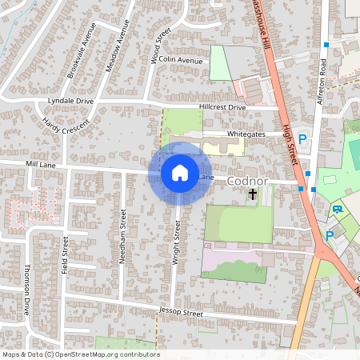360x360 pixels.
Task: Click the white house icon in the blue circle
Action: coord(180,172)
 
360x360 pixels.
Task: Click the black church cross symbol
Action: coord(253,194)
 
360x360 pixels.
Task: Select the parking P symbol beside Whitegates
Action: coord(302,138)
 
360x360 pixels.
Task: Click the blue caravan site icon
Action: coord(338,210)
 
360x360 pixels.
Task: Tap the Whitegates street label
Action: coord(245,135)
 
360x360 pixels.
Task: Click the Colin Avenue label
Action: coord(181,60)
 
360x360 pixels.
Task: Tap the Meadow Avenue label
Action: coord(118,46)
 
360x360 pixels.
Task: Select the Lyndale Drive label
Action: coord(70,102)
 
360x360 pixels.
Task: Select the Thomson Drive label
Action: coord(26,289)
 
